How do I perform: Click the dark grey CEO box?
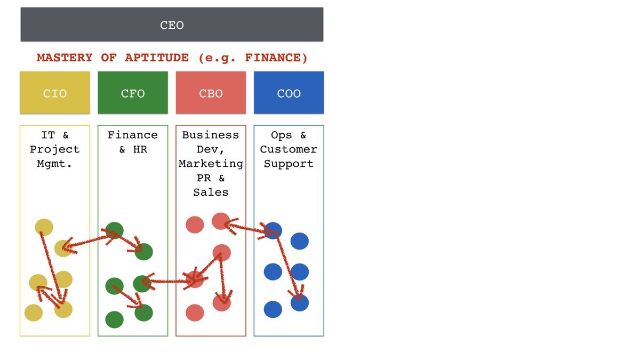(172, 25)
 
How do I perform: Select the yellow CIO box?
(55, 93)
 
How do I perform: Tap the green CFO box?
(133, 93)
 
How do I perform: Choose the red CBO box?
(211, 93)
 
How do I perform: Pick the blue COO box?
(289, 93)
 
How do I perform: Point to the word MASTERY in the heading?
(65, 58)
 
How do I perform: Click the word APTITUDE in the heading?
(157, 58)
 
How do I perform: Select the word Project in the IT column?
(54, 149)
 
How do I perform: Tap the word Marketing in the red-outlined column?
(211, 164)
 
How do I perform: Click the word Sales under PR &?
(211, 193)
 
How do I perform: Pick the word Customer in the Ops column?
(289, 149)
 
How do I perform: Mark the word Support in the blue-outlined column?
(289, 164)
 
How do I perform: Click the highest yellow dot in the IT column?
(44, 227)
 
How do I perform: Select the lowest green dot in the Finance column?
(114, 319)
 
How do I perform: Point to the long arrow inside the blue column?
(287, 265)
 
